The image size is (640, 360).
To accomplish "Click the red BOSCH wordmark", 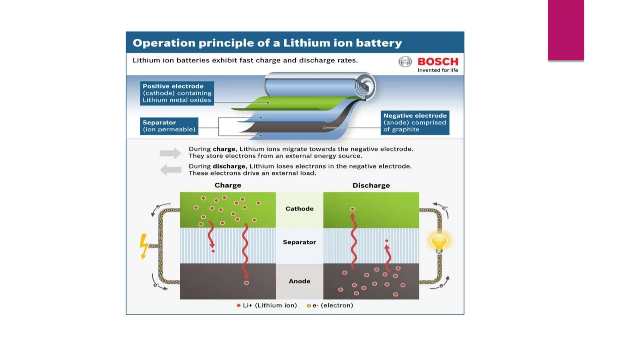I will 438,61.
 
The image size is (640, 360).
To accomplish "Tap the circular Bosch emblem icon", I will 405,62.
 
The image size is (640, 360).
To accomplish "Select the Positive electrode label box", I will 177,93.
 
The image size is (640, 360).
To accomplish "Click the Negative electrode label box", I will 415,122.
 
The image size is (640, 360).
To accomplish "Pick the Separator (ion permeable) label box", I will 169,126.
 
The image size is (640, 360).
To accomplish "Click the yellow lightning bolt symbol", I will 143,246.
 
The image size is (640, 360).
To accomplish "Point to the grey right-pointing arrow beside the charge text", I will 170,153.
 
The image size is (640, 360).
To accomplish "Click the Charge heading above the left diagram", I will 227,185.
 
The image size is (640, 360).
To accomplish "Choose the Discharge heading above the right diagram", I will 371,185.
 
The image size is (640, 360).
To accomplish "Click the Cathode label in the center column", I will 299,209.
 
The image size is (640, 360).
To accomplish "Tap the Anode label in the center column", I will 299,281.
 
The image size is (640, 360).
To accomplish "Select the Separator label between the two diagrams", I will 299,242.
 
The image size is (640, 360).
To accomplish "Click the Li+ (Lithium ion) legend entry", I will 267,305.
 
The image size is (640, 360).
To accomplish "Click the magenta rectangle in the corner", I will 566,30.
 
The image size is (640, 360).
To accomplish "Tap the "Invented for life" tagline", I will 438,70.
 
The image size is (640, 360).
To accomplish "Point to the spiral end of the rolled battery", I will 364,86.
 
